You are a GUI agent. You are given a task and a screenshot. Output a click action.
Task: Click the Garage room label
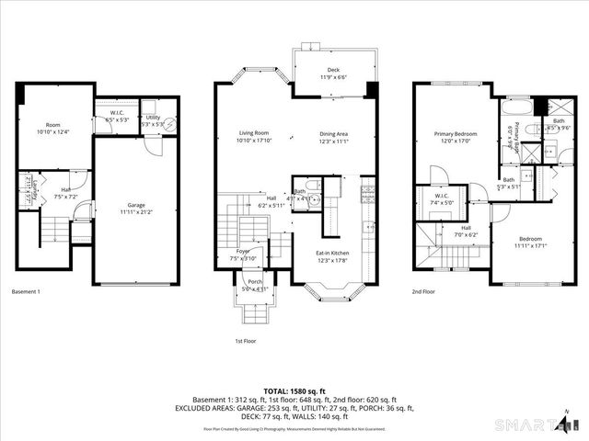tap(135, 209)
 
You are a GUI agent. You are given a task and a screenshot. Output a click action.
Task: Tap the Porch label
tap(255, 285)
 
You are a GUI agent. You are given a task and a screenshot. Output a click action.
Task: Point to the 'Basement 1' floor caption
tap(26, 292)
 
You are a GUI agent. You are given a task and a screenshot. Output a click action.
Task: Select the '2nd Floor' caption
tap(423, 292)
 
